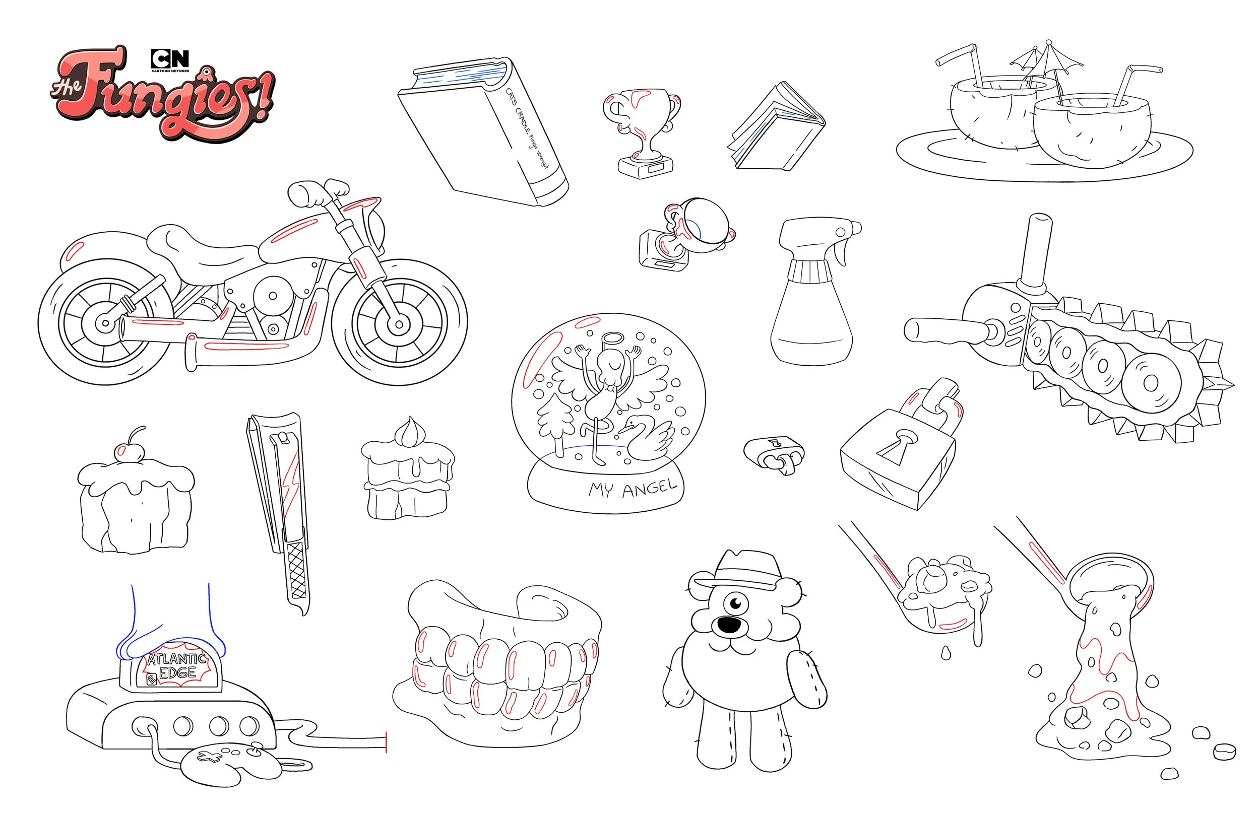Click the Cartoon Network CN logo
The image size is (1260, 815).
(x=170, y=59)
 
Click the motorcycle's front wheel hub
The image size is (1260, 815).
(x=398, y=324)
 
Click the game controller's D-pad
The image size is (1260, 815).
(x=210, y=757)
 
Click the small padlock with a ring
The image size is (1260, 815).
(x=774, y=451)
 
